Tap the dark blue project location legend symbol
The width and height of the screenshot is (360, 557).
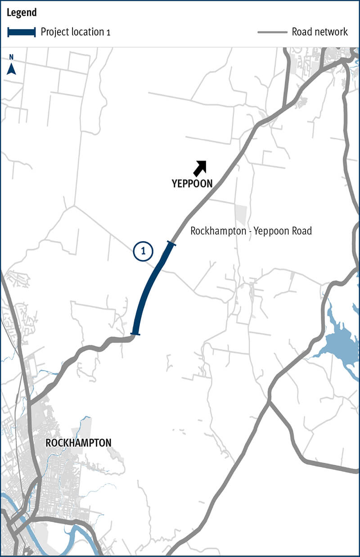pyautogui.click(x=21, y=32)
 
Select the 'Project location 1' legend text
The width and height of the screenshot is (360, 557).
pyautogui.click(x=75, y=32)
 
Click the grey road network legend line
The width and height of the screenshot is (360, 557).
pyautogui.click(x=272, y=32)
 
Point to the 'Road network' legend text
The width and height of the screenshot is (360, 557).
pyautogui.click(x=319, y=32)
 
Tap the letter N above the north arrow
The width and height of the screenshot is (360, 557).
pyautogui.click(x=12, y=57)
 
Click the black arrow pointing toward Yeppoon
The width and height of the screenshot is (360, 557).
pyautogui.click(x=199, y=167)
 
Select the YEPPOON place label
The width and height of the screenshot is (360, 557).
pyautogui.click(x=192, y=184)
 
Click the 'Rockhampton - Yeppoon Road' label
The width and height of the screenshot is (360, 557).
pyautogui.click(x=251, y=231)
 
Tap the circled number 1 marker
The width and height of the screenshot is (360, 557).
pyautogui.click(x=143, y=252)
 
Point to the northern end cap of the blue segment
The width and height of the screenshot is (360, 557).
pyautogui.click(x=171, y=244)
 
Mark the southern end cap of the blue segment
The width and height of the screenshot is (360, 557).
pyautogui.click(x=135, y=334)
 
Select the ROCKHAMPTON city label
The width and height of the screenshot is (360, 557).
pyautogui.click(x=78, y=443)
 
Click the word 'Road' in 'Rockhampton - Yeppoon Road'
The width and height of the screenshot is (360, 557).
pyautogui.click(x=301, y=231)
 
